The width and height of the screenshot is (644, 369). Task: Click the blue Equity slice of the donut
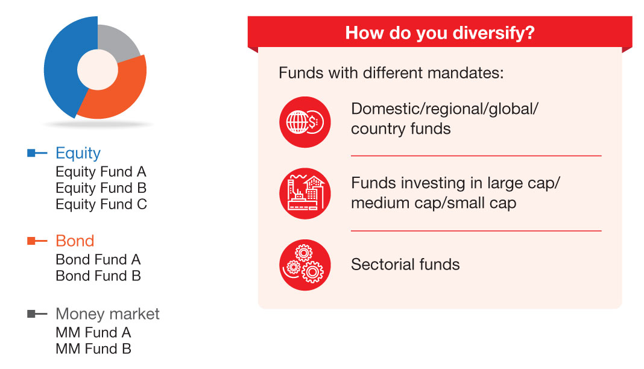point(62,70)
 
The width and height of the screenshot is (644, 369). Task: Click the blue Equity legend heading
point(78,153)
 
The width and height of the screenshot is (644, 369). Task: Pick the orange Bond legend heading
point(75,241)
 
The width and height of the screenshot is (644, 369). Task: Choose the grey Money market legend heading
point(107,314)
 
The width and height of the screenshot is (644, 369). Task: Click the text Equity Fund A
point(101,172)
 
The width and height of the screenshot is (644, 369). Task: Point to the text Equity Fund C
point(101,204)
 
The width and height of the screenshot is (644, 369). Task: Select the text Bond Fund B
point(98,276)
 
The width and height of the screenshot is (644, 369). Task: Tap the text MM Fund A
point(93,332)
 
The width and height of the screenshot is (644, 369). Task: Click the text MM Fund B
point(93,348)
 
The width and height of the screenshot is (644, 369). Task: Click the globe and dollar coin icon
point(305,122)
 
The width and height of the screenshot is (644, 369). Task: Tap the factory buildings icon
point(305,194)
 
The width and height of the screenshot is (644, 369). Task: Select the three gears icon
point(305,265)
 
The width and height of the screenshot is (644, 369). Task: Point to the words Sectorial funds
point(405,264)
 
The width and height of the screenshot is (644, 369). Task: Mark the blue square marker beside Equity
point(31,153)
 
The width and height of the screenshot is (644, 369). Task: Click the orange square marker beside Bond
point(31,241)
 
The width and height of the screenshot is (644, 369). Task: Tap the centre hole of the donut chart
point(98,70)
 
